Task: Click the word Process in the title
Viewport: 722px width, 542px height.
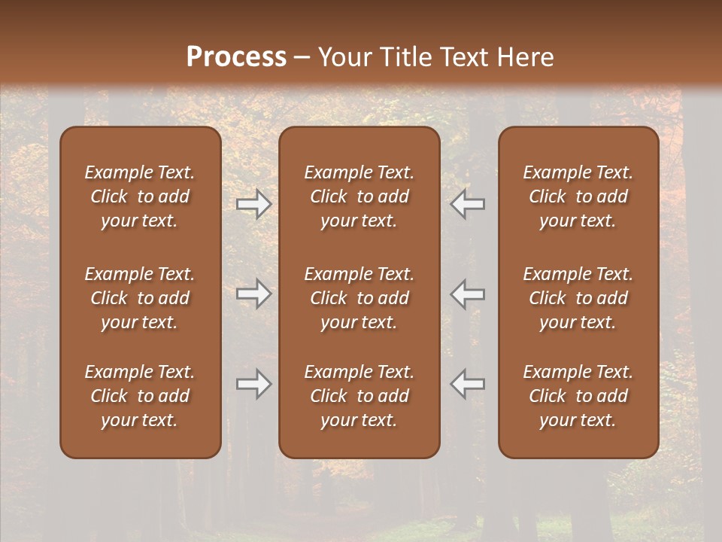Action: coord(236,57)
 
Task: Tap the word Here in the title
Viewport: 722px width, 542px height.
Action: coord(523,57)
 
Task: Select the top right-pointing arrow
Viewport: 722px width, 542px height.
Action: coord(253,204)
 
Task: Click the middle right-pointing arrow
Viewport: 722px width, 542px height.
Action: coord(253,294)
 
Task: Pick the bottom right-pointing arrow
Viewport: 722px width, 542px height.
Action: coord(253,384)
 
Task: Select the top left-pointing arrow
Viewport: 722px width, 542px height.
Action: coord(468,204)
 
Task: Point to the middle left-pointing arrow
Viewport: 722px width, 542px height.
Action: coord(468,294)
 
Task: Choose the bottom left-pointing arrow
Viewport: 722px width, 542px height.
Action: coord(468,384)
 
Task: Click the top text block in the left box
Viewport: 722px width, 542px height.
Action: coord(140,196)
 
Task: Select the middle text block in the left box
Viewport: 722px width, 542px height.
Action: coord(140,298)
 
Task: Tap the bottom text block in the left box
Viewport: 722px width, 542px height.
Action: coord(140,396)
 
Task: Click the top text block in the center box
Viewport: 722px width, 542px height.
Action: coord(359,196)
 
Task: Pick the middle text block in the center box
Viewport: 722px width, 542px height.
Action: coord(359,298)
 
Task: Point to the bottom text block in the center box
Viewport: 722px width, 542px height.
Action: coord(359,396)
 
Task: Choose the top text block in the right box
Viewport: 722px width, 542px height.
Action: coord(578,196)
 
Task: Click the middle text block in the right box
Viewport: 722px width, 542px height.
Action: coord(578,298)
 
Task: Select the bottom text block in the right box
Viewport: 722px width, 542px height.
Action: coord(578,396)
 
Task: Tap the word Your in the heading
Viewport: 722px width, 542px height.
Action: coord(344,57)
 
